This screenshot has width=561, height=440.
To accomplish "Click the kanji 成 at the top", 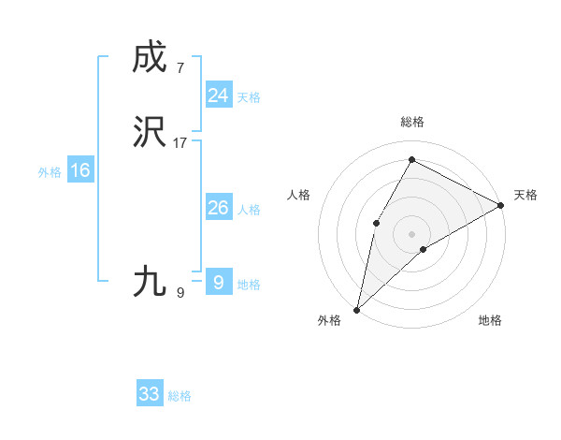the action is click(x=150, y=57).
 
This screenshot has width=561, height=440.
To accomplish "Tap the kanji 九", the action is click(x=150, y=281).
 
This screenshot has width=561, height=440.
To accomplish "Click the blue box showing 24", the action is click(x=218, y=95).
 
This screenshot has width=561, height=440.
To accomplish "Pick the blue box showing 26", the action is click(x=218, y=208).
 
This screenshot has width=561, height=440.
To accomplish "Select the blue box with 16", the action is click(x=79, y=170).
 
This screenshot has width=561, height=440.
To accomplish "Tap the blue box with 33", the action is click(x=150, y=394).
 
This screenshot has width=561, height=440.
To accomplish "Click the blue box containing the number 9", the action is click(x=218, y=281).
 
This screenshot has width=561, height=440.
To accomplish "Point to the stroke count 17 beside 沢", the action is click(x=180, y=143).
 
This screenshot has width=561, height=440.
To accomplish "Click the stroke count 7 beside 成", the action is click(x=180, y=67).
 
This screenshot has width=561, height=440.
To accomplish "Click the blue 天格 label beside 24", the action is click(x=249, y=97).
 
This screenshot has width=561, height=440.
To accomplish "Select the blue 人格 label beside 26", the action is click(x=249, y=210).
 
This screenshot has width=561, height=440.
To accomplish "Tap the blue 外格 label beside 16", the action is click(x=50, y=172).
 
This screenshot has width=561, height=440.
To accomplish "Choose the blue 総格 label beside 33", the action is click(x=180, y=396).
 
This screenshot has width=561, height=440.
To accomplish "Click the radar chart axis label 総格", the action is click(x=411, y=122).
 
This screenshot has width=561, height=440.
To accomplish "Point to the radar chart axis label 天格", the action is click(x=525, y=195).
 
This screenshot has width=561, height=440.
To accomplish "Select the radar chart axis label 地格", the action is click(x=490, y=320).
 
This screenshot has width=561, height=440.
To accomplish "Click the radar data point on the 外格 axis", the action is click(x=356, y=309).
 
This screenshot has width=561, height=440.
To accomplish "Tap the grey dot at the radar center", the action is click(x=411, y=233).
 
